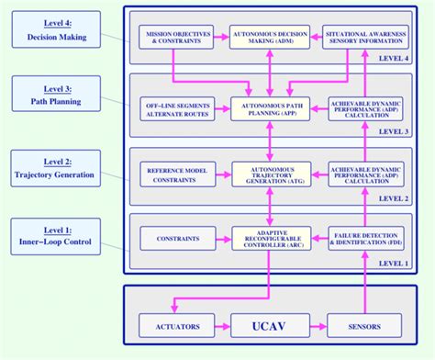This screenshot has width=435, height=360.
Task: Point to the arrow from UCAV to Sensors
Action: pyautogui.click(x=315, y=325)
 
